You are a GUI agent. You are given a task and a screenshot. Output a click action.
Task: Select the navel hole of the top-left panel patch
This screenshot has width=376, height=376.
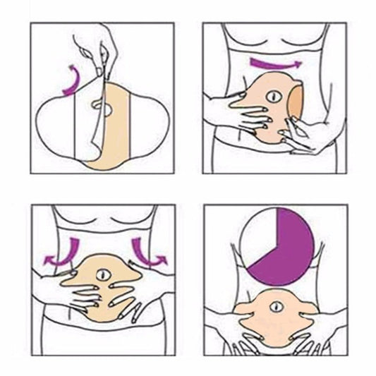[102, 110]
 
